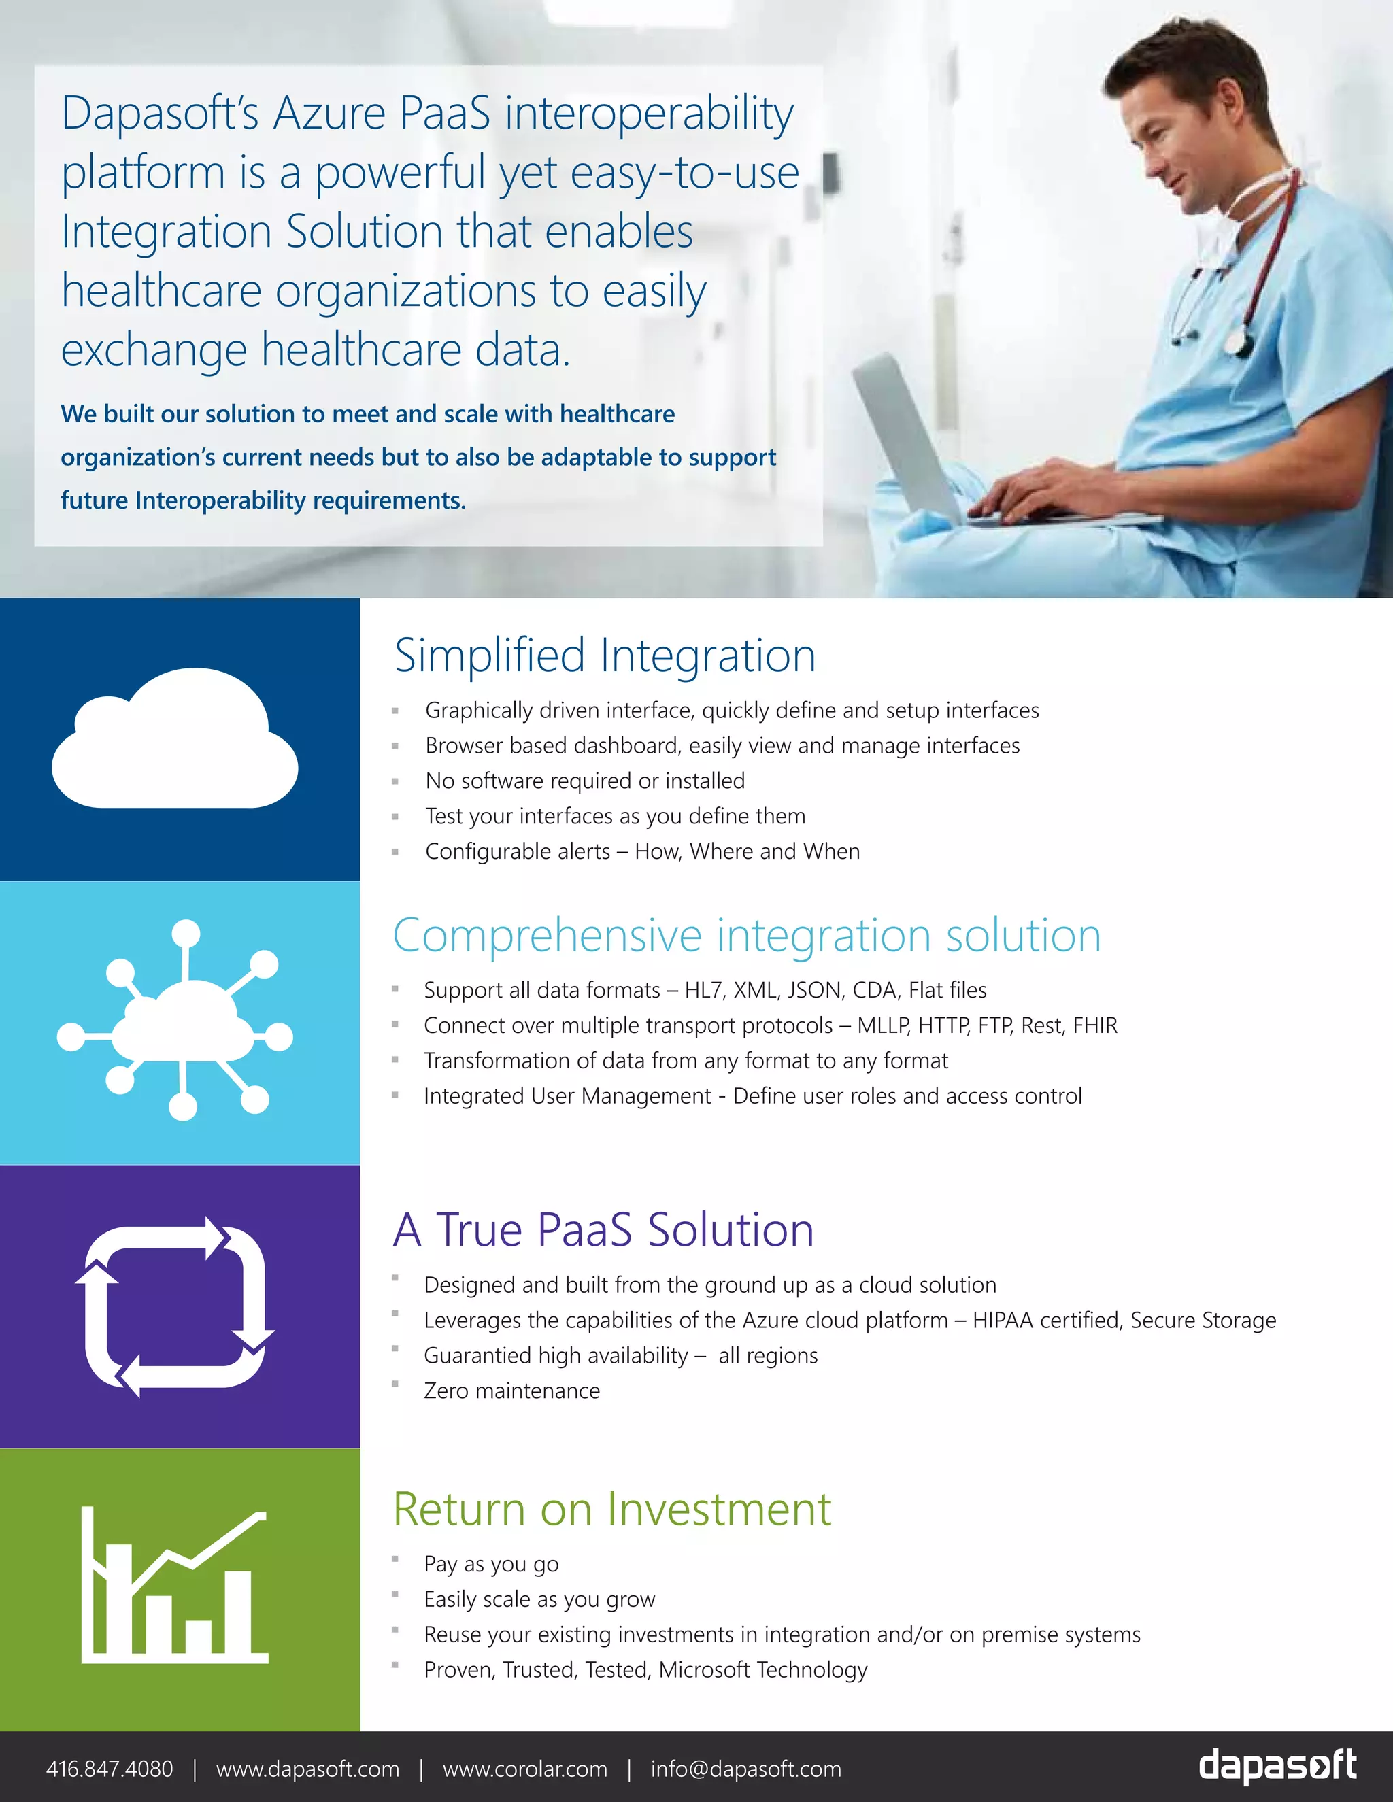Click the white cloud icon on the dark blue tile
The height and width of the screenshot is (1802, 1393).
175,738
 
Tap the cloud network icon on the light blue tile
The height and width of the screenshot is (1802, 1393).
175,1020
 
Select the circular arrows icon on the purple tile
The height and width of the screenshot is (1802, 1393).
175,1307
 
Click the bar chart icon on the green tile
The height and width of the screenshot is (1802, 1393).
175,1585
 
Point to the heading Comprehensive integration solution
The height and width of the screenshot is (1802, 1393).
747,936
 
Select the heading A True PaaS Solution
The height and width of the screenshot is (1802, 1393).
603,1229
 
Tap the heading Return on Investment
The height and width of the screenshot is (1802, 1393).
611,1509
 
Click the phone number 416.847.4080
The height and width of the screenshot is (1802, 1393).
110,1769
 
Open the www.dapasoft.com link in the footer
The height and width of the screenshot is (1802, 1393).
308,1769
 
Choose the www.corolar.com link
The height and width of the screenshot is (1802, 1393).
525,1769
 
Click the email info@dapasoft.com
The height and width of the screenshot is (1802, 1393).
746,1769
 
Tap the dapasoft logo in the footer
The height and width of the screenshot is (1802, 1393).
1277,1766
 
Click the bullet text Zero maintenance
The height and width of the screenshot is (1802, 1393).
511,1391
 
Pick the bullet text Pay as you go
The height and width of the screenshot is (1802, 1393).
491,1565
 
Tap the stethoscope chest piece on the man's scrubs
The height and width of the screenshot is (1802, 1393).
1235,340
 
